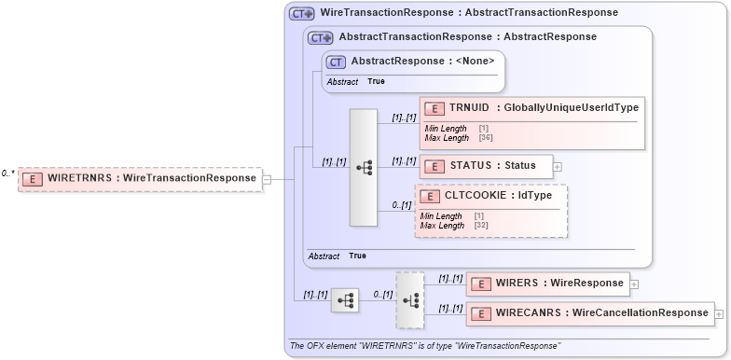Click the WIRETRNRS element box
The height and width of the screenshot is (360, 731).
pos(140,178)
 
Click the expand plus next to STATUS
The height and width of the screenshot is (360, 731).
pos(558,166)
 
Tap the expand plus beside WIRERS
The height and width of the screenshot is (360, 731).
pos(634,284)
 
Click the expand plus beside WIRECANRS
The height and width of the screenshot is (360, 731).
pos(719,314)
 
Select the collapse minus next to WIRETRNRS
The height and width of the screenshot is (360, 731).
pos(267,179)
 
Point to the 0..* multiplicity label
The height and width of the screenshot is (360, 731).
pos(7,173)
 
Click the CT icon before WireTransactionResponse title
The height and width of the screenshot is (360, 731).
pos(301,14)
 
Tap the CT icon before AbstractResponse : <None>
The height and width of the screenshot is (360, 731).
pos(337,62)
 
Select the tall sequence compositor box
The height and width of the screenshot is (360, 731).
pos(363,168)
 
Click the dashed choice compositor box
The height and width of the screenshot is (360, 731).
pos(409,299)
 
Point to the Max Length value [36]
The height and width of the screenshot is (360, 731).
pos(486,137)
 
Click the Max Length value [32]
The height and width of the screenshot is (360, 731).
pos(481,225)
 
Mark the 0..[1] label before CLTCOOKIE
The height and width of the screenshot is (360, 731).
pos(402,205)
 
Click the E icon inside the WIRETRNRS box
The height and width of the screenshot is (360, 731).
pos(31,179)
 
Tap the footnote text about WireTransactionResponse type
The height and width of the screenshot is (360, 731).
pos(425,346)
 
